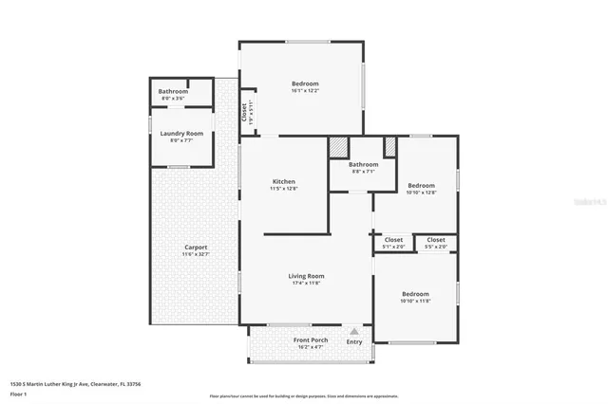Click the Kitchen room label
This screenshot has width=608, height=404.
[x=284, y=181]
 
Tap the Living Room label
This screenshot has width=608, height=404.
[x=305, y=276]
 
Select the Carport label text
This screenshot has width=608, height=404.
[x=196, y=248]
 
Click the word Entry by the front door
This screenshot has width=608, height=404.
[x=354, y=342]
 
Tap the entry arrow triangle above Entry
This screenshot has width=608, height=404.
[x=354, y=332]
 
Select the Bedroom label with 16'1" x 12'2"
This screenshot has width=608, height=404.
[x=305, y=83]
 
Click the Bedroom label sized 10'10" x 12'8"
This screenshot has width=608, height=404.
[x=421, y=185]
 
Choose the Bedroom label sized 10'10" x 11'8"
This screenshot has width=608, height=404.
[x=415, y=294]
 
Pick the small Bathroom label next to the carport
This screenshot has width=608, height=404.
[x=173, y=91]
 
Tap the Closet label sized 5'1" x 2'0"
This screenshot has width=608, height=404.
[x=393, y=240]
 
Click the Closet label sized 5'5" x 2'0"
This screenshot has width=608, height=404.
[x=436, y=240]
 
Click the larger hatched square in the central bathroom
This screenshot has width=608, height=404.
[x=338, y=147]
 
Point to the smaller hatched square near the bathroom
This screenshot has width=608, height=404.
[x=389, y=147]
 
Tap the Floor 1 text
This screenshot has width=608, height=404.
[x=18, y=394]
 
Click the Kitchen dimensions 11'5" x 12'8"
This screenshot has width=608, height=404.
[x=284, y=189]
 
